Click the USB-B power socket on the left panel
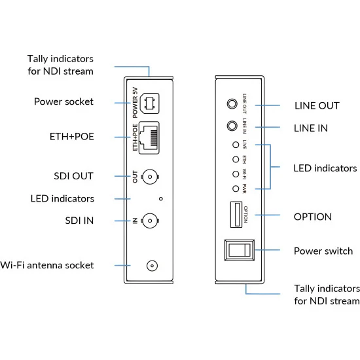150,103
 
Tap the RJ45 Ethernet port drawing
149,137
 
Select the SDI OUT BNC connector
150,177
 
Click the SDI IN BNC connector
150,221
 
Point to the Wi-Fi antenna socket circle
152,266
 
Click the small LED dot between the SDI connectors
161,199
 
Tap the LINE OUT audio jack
232,104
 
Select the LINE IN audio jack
232,126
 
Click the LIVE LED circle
236,145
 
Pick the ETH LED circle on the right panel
236,159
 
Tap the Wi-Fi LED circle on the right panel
236,174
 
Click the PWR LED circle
236,189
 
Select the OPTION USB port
236,215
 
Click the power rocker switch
240,250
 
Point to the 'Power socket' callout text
63,101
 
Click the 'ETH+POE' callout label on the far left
72,137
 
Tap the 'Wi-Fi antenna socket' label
47,265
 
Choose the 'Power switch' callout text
323,251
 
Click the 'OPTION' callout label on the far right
313,217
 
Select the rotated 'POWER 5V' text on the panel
135,103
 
